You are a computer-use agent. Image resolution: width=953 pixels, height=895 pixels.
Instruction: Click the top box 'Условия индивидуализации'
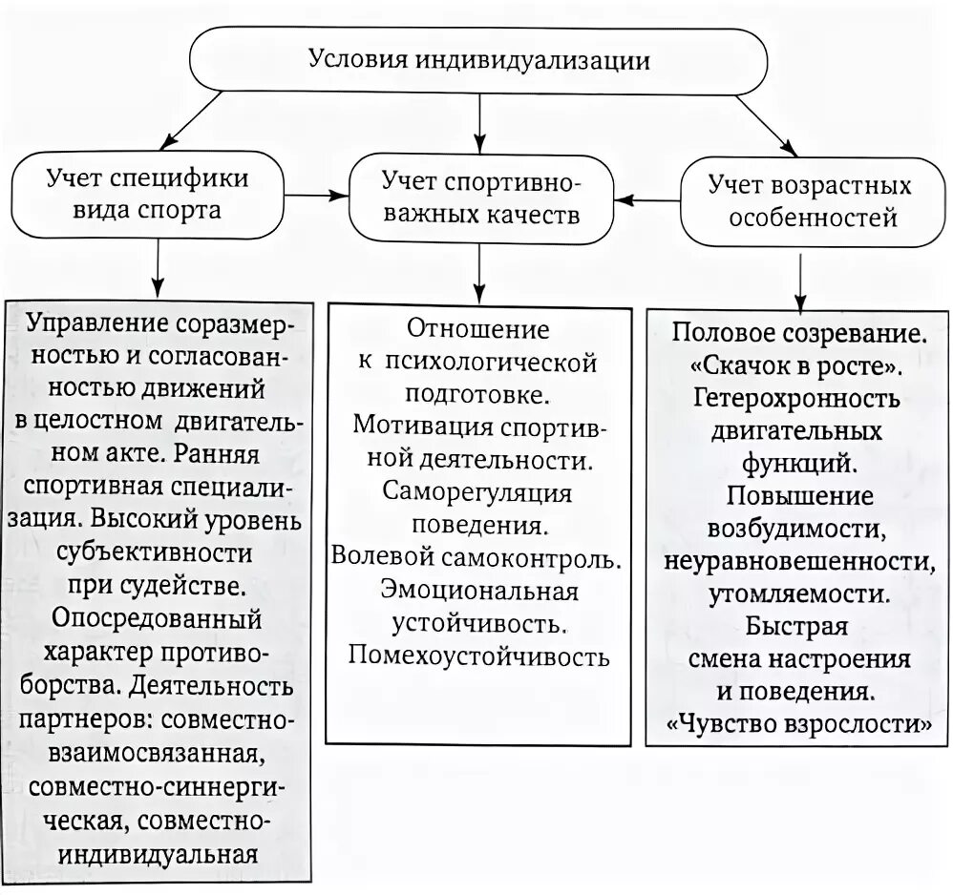(x=478, y=60)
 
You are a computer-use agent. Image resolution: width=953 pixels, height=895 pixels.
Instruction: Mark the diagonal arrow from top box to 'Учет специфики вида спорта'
(x=215, y=123)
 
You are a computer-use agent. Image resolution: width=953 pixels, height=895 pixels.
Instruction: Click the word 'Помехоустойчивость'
(x=478, y=656)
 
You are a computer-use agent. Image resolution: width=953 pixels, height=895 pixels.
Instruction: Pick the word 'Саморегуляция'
(x=478, y=492)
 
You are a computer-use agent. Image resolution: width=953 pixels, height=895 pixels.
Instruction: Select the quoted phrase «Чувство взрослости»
(x=800, y=722)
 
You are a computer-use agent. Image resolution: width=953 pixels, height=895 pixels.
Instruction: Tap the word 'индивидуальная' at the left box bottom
(x=157, y=852)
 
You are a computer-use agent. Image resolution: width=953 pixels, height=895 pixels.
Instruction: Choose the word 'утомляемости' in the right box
(x=800, y=593)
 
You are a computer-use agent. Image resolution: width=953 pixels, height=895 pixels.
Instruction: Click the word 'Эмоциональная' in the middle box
(x=478, y=591)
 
